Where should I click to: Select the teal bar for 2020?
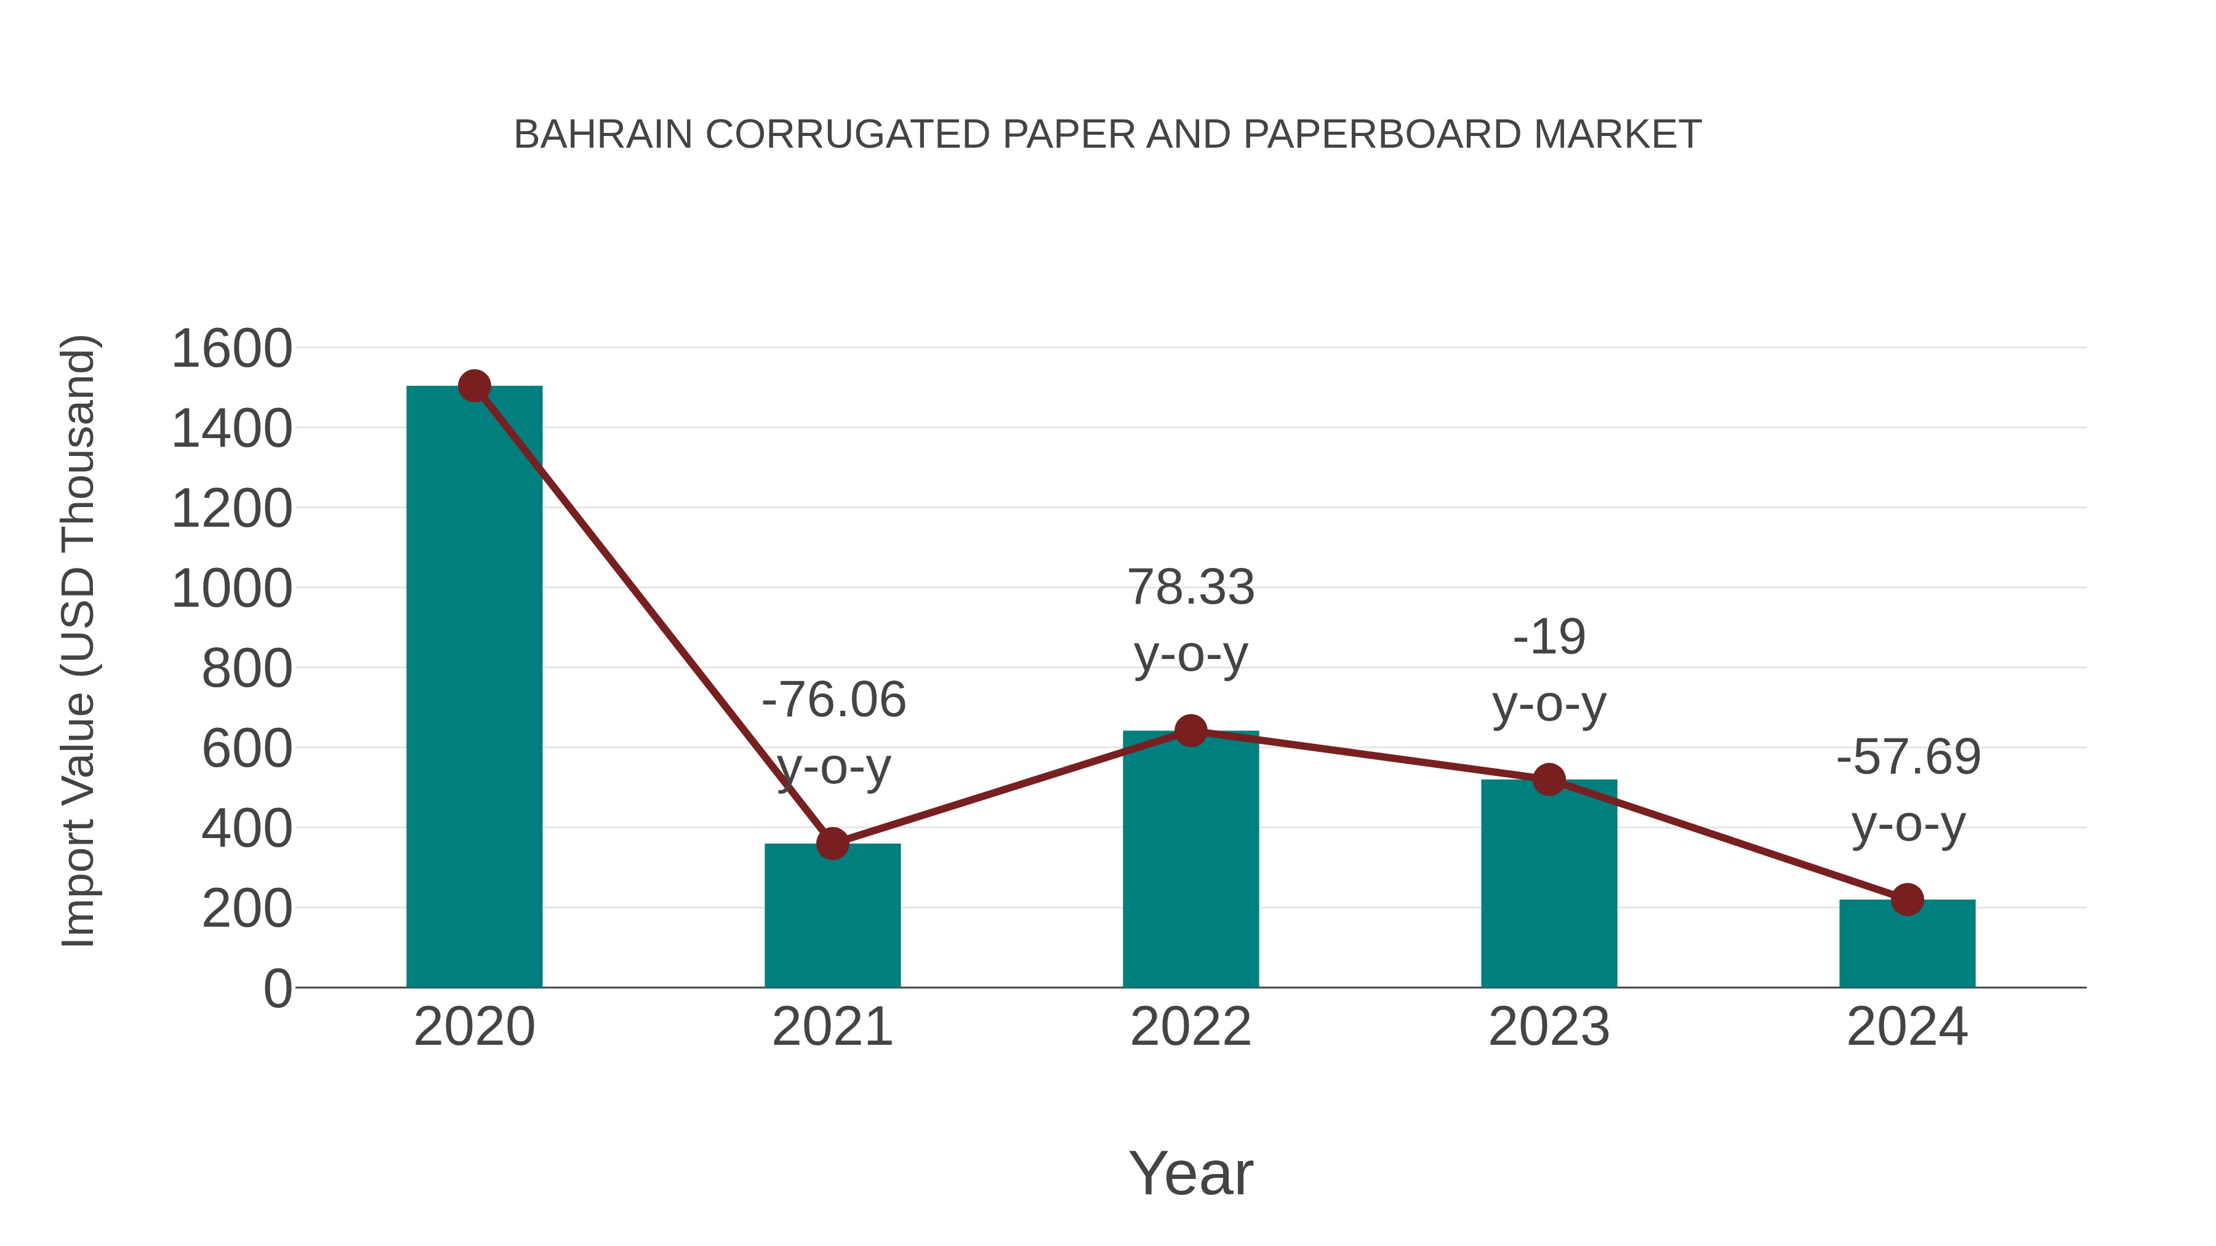474,688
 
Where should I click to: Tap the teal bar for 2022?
1190,860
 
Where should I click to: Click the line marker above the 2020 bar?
474,386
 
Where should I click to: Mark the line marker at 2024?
1907,900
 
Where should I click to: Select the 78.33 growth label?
1190,588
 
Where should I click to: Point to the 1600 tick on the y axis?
231,349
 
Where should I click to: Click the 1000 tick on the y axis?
231,590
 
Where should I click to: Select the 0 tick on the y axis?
277,989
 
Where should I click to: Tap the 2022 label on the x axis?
1190,1027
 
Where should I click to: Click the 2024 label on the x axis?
1907,1027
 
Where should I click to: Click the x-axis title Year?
1190,1174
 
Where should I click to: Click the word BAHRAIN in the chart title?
602,135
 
